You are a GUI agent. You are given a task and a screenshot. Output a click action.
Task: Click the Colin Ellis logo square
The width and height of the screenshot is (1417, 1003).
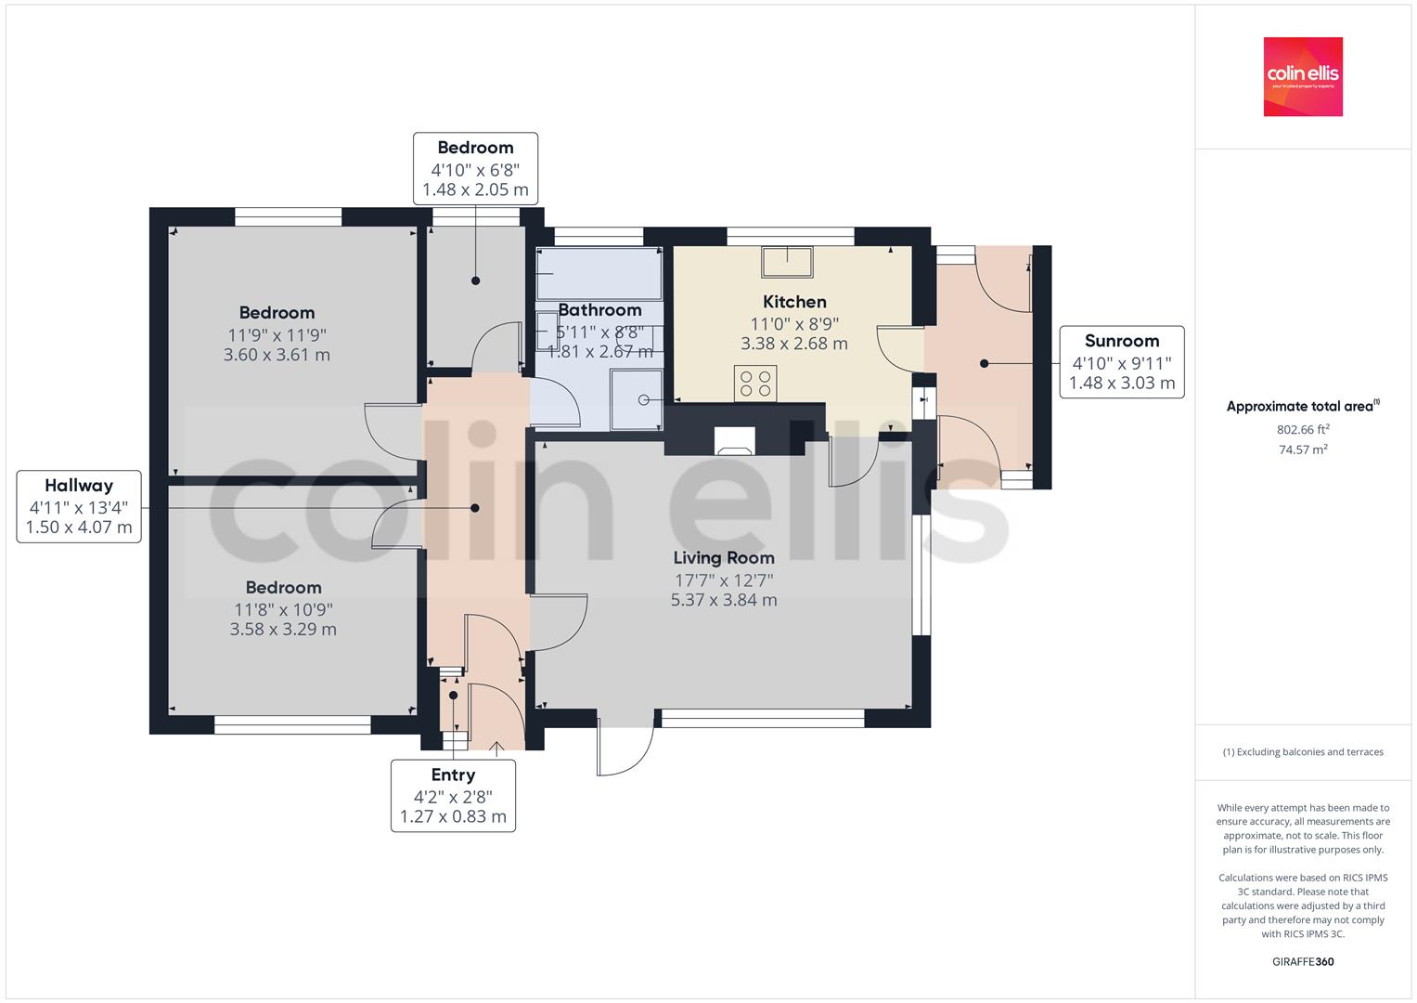coord(1303,76)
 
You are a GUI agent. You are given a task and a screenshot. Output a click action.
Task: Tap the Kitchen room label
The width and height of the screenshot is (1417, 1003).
coord(794,302)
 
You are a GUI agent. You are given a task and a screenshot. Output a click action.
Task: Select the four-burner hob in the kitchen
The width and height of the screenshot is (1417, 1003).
coord(755,383)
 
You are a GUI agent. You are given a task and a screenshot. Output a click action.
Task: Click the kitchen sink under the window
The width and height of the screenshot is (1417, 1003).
coord(787,262)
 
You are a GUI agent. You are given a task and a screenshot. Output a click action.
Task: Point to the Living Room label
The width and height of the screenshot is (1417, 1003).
coord(724,558)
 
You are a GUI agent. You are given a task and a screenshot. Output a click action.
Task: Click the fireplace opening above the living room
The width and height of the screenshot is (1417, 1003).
coord(734,441)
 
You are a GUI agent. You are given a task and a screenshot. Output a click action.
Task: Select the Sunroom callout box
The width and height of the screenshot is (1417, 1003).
coord(1122,362)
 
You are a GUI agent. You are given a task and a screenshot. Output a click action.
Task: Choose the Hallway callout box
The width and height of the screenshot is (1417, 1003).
coord(79,506)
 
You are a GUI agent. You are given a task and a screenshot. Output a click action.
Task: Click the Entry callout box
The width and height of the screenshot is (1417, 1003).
coord(453,796)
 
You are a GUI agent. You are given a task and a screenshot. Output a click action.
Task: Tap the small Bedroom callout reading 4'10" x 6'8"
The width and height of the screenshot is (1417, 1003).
coord(475,168)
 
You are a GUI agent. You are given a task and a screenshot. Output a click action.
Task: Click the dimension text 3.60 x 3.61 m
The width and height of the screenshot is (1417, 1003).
coord(277,355)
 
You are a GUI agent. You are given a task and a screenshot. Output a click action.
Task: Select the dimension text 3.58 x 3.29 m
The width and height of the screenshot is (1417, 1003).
coord(283,630)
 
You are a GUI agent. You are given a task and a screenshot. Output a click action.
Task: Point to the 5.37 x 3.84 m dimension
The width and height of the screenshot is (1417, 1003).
coord(724,600)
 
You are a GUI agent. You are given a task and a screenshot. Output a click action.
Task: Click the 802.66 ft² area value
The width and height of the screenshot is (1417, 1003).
coord(1303,429)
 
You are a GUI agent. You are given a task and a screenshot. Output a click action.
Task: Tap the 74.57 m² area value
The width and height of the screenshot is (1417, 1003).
coord(1303,449)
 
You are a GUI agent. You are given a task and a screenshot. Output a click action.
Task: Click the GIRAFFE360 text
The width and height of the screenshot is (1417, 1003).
coord(1303,962)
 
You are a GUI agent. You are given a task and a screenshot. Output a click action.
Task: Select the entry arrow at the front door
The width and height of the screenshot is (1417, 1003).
coord(496,749)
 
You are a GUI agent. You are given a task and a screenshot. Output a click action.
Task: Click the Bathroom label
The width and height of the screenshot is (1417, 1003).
coord(599,310)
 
